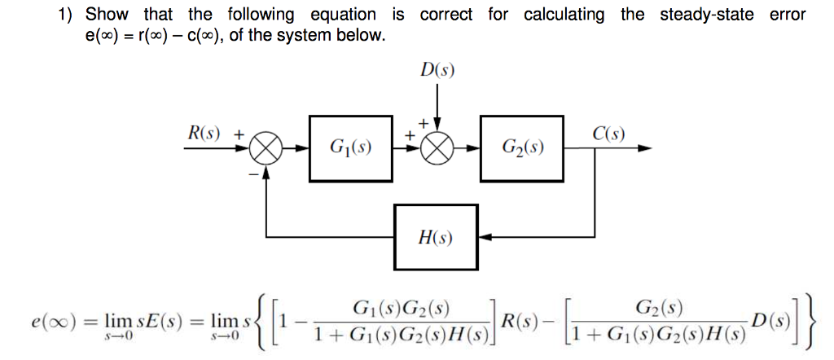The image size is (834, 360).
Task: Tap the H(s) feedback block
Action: [436, 237]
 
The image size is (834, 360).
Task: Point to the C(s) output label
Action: [607, 133]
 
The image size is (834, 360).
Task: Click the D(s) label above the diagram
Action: [438, 69]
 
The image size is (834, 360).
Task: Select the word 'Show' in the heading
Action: [106, 14]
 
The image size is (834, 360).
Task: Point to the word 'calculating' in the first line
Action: [564, 14]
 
